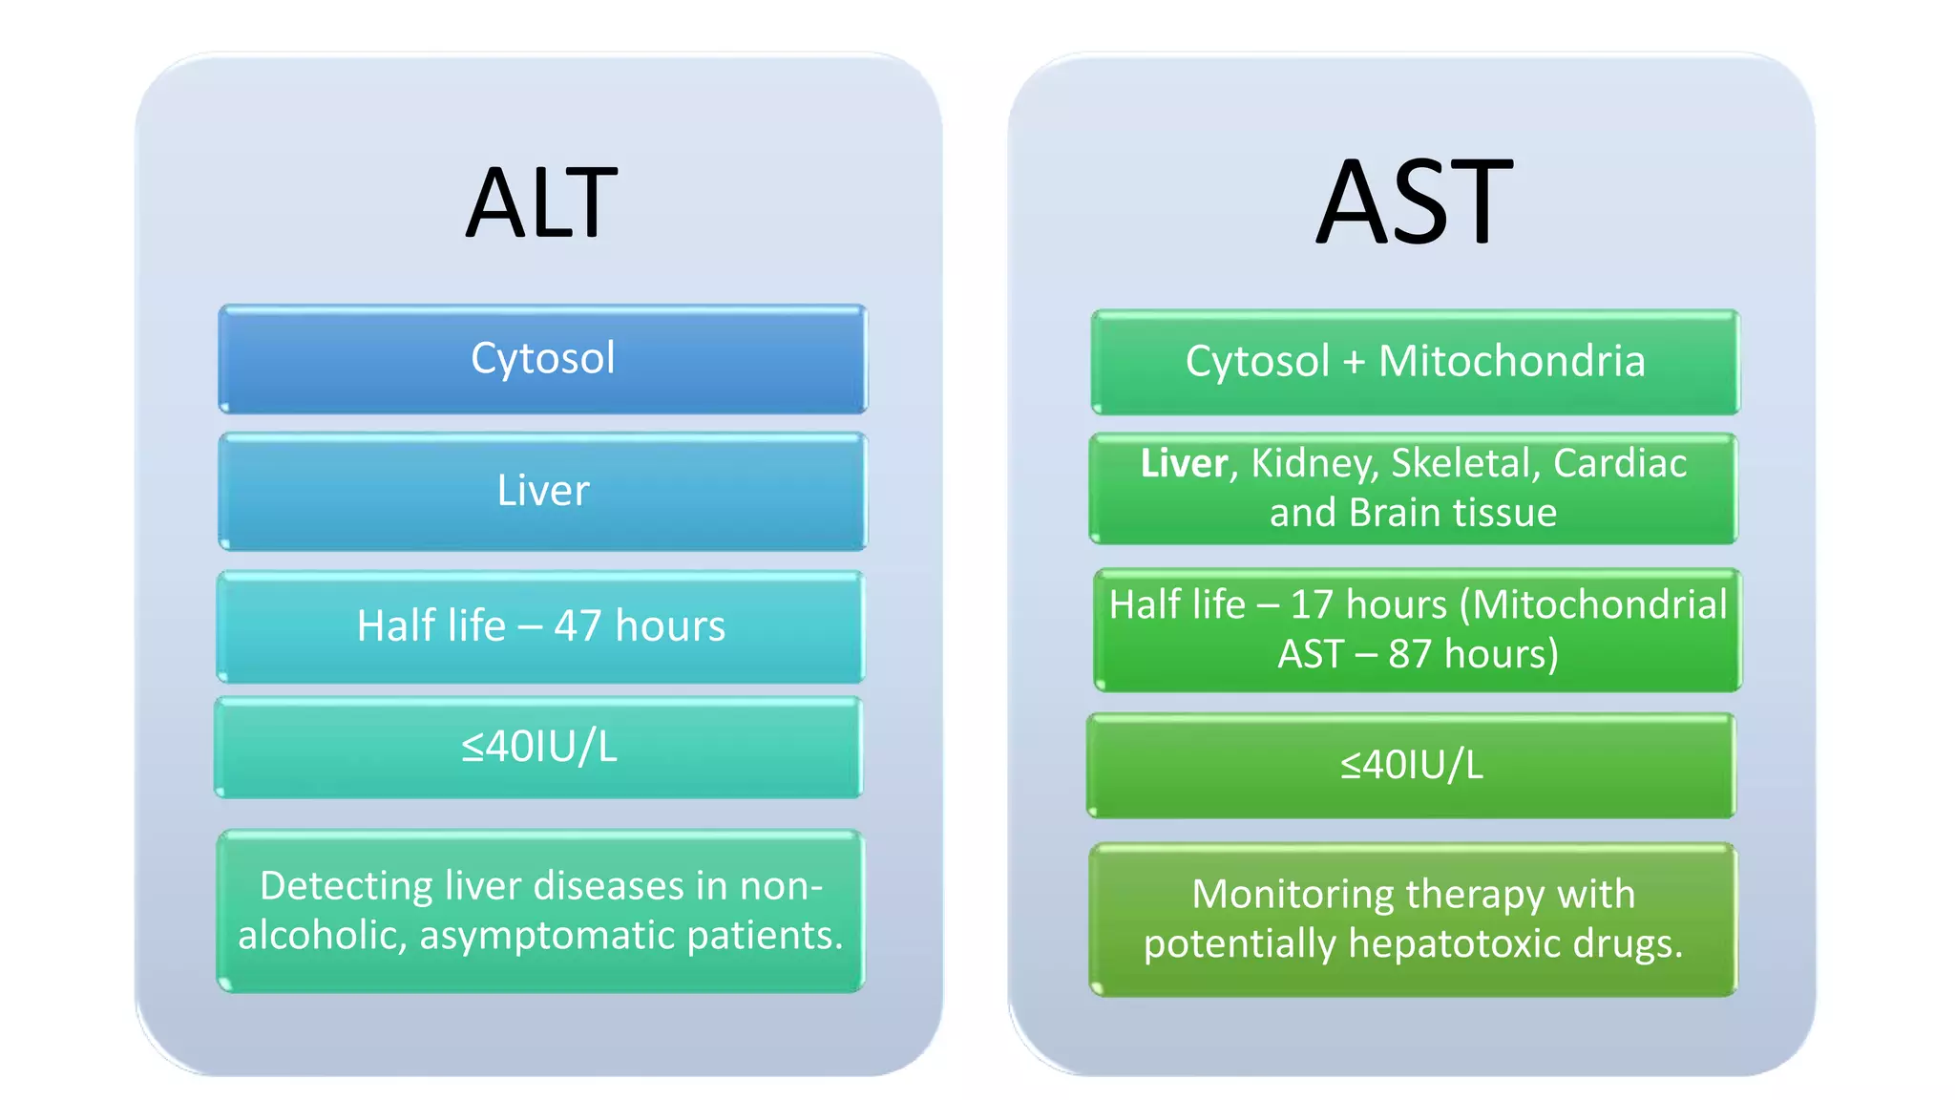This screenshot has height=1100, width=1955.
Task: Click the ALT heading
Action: (541, 202)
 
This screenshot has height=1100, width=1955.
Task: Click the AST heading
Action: (1414, 202)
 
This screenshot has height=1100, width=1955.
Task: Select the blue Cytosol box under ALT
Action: (542, 359)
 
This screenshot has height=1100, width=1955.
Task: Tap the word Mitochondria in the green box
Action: (1511, 362)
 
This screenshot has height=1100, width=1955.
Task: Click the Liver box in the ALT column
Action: (542, 491)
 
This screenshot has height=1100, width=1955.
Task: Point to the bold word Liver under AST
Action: (1184, 464)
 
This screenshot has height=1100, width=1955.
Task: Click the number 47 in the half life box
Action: (578, 626)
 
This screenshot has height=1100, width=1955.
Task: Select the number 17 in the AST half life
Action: (1312, 605)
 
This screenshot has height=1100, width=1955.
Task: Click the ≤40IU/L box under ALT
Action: (539, 747)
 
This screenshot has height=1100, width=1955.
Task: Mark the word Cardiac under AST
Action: (1619, 464)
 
